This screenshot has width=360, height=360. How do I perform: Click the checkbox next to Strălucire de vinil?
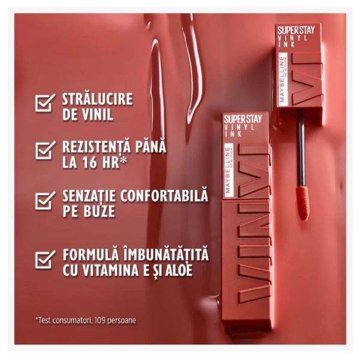tap(45, 103)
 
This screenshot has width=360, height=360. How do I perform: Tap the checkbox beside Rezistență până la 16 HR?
tap(45, 150)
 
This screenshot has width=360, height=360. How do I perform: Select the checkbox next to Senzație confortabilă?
tap(45, 200)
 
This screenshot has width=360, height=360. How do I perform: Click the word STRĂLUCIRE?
tap(97, 99)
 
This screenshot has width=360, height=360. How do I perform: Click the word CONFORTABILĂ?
tap(164, 196)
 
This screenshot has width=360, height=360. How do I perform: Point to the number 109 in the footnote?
tap(100, 320)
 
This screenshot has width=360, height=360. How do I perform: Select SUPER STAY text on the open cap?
tap(296, 30)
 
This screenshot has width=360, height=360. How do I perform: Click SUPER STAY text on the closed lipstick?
tap(243, 119)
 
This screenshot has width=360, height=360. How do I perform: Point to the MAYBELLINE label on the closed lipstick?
tap(228, 170)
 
